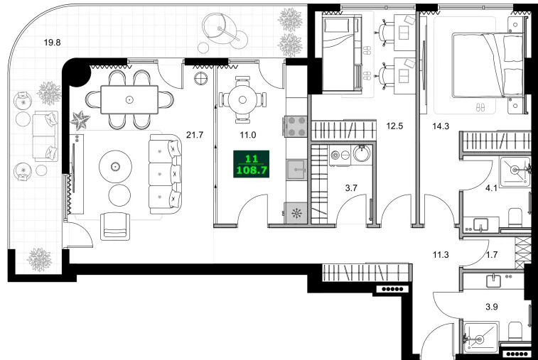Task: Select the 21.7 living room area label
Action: pyautogui.click(x=194, y=133)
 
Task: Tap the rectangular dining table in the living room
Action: pyautogui.click(x=129, y=99)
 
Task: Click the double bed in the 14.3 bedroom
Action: pyautogui.click(x=490, y=64)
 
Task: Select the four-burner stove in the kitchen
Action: pyautogui.click(x=296, y=126)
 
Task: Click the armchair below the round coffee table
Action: pyautogui.click(x=116, y=227)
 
